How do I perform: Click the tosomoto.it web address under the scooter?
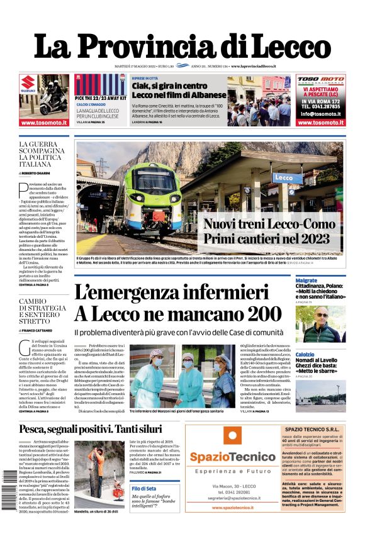pyautogui.click(x=43, y=123)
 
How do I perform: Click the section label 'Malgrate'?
pyautogui.click(x=306, y=279)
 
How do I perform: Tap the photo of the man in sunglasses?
pyautogui.click(x=321, y=324)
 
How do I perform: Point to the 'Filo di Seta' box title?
pyautogui.click(x=144, y=488)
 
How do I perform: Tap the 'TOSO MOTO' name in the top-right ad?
pyautogui.click(x=320, y=80)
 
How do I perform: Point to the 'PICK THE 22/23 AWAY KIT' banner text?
pyautogui.click(x=98, y=99)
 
